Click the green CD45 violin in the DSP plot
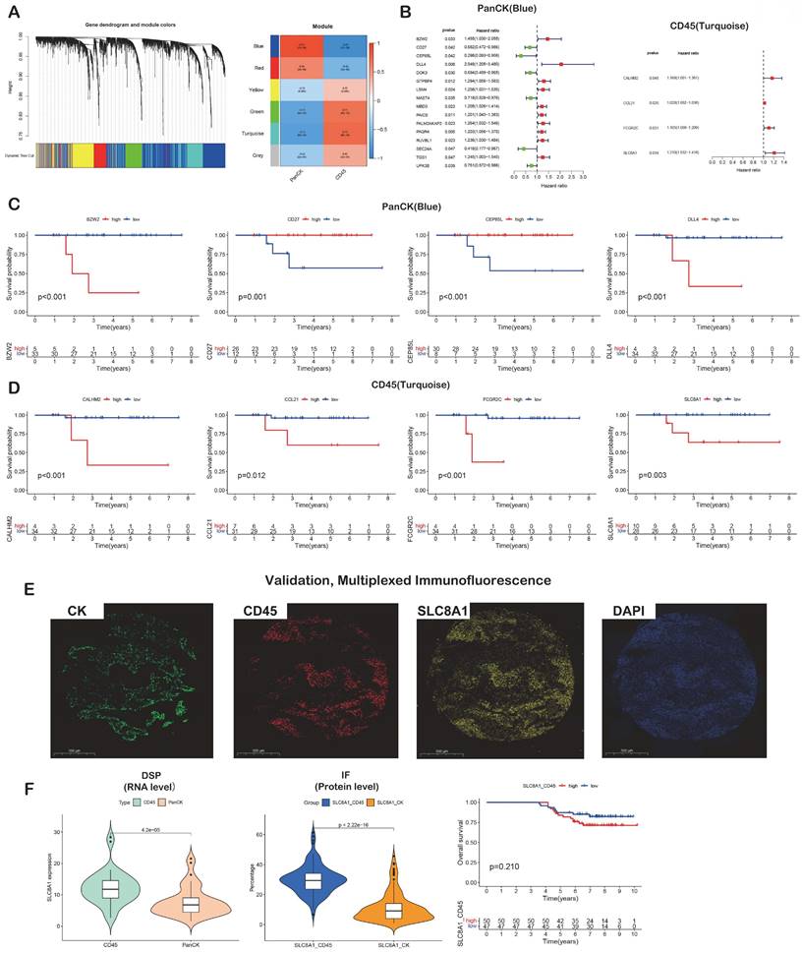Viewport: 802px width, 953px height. click(111, 865)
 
